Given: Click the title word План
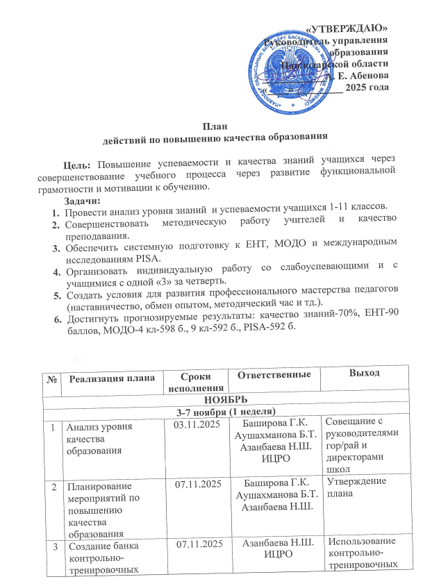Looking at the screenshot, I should tap(212, 126).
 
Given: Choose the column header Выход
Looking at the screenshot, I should tap(365, 374).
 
